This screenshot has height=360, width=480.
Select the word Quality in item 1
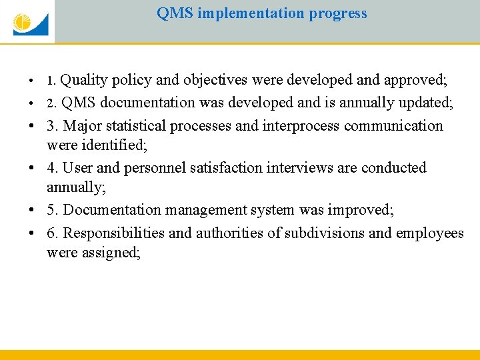click(84, 81)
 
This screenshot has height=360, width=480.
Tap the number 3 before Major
click(51, 126)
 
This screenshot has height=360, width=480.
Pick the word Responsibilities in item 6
click(114, 233)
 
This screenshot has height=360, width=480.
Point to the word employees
click(430, 233)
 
